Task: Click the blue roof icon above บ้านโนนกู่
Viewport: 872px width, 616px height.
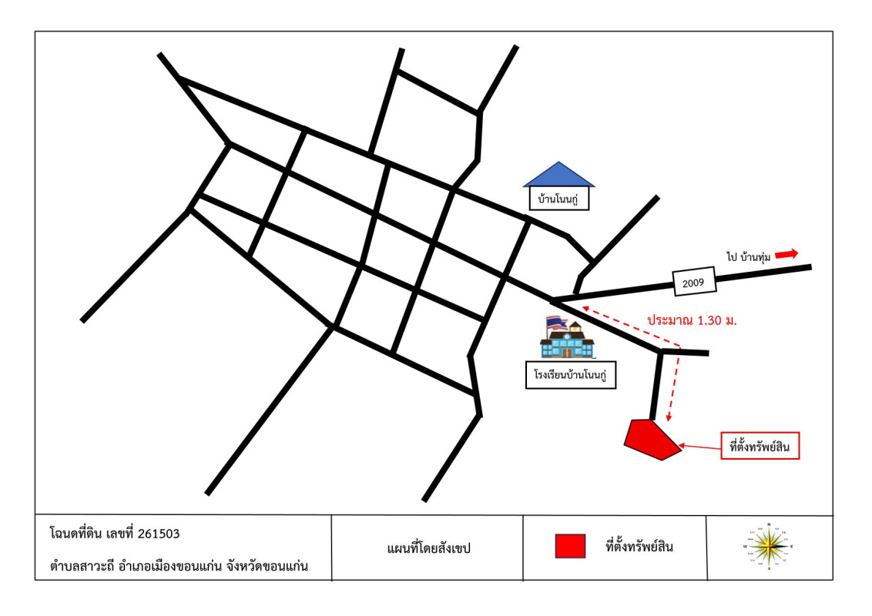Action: click(x=559, y=176)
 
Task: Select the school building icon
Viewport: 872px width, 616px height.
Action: click(x=568, y=341)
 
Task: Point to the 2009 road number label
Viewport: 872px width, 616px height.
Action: click(x=694, y=283)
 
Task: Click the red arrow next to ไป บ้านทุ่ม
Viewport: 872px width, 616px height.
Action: click(x=786, y=254)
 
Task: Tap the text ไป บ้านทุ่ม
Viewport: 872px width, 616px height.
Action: click(x=748, y=255)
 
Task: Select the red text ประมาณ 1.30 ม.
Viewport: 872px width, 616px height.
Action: click(x=691, y=320)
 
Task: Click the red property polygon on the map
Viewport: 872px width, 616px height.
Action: click(x=652, y=440)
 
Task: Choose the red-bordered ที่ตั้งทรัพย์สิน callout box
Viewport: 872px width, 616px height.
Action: click(x=760, y=447)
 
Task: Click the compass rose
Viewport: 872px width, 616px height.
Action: click(x=768, y=547)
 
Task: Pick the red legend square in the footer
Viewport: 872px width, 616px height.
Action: click(x=570, y=546)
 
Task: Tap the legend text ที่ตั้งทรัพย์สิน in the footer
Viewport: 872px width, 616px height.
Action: click(x=644, y=547)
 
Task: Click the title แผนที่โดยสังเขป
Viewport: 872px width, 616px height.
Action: click(x=428, y=548)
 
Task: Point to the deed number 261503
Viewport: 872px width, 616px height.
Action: click(x=159, y=533)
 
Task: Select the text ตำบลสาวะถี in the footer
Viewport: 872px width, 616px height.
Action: click(x=82, y=567)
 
